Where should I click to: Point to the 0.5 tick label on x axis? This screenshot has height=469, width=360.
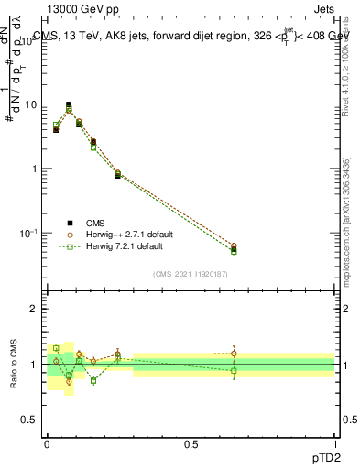tap(191, 442)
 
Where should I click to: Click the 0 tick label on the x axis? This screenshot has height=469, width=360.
tap(48, 442)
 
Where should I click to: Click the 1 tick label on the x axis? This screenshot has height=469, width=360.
tap(335, 442)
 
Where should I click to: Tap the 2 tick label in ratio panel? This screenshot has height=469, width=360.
tap(34, 309)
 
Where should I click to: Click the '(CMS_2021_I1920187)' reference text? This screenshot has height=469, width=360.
tap(191, 274)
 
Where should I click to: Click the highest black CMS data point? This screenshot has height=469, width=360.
tap(69, 104)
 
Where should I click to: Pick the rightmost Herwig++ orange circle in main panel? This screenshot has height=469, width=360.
tap(234, 246)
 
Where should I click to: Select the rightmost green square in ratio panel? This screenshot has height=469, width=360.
tap(234, 370)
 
